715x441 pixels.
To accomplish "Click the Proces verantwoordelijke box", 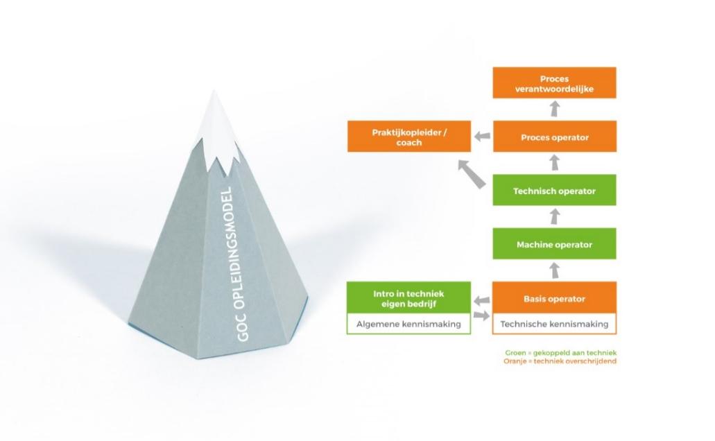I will point(554,83).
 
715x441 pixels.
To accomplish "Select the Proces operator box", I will point(554,137).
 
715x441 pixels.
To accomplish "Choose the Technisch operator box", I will point(554,191).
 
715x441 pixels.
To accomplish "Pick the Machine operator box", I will point(554,244).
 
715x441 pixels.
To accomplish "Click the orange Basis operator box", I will point(554,299).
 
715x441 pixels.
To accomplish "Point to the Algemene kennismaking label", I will point(408,324).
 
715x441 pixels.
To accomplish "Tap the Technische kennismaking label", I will point(554,324).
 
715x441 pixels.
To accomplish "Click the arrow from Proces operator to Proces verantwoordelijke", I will point(554,109).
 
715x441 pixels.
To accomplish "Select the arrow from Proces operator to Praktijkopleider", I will point(483,137).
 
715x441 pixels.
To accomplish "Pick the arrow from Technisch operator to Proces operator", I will point(554,163).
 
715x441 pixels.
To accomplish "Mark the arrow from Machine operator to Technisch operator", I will point(554,217).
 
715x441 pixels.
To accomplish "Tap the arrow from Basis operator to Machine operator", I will point(554,270).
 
